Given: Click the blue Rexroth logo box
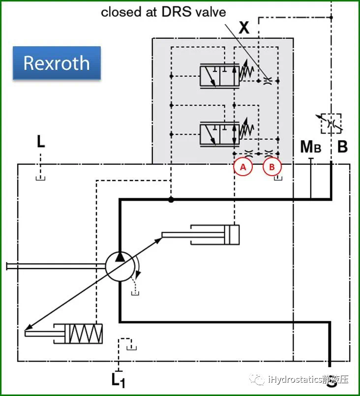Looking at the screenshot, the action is tap(57, 63).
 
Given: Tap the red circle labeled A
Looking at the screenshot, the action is tap(243, 167).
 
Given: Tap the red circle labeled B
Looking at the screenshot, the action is tap(272, 167).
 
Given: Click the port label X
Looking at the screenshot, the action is tap(244, 28).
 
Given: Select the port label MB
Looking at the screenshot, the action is tap(310, 147).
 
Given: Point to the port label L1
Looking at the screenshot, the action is tap(118, 380).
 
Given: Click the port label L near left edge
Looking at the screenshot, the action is tap(41, 142).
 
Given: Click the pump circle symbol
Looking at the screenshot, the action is tap(120, 267).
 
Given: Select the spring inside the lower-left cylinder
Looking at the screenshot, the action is tap(86, 334).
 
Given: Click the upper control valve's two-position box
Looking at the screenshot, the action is tap(220, 76).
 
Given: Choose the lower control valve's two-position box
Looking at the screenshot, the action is tap(220, 134).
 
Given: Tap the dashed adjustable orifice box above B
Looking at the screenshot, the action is tap(331, 123).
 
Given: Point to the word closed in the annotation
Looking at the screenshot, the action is tap(121, 12).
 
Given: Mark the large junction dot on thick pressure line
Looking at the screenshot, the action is tap(171, 200).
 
